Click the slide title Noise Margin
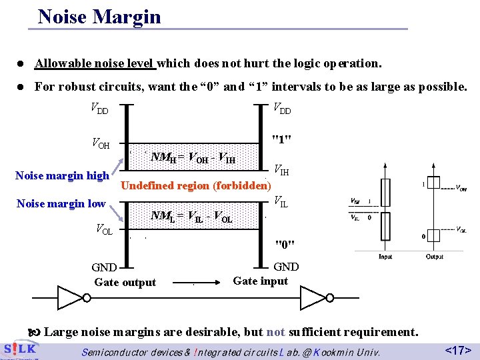click(99, 16)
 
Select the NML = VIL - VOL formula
click(191, 216)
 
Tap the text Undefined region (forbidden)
click(194, 185)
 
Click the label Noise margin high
click(62, 176)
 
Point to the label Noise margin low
click(61, 203)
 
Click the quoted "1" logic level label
click(283, 139)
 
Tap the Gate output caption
click(125, 283)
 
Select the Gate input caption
click(260, 281)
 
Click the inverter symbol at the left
click(70, 296)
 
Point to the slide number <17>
click(458, 349)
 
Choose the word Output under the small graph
click(431, 257)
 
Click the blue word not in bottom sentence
click(275, 332)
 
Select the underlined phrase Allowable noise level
click(95, 63)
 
